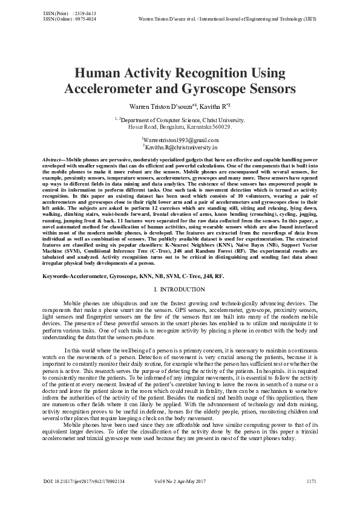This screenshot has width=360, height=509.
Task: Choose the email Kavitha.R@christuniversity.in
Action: (x=180, y=147)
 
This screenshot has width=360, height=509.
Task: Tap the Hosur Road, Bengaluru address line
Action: (x=180, y=128)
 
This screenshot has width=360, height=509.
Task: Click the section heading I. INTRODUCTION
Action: (x=179, y=291)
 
